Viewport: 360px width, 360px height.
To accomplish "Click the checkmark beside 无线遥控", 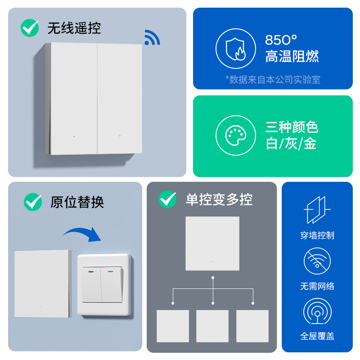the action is point(30,28).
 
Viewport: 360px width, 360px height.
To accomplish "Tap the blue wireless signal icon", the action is point(152,38).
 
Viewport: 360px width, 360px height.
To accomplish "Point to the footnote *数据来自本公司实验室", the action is point(273,80).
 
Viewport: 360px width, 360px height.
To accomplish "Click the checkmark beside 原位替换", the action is point(33,202).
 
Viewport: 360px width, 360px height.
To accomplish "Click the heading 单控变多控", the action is point(219,199).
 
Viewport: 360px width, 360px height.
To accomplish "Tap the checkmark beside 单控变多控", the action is point(167,199).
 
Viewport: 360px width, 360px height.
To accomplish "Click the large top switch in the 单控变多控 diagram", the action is point(212,243).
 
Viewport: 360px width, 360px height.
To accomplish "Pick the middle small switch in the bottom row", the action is point(212,326).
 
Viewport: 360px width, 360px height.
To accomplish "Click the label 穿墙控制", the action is point(317,235).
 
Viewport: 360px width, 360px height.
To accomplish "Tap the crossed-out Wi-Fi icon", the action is point(317,262).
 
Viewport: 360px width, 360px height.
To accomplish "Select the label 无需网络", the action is point(317,286).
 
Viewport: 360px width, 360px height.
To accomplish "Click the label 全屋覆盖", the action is point(317,336).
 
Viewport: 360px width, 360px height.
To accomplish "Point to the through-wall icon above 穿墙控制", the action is point(317,210).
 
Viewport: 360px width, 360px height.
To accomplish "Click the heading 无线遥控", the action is point(74,28).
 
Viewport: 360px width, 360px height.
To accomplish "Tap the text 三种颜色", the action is point(292,127).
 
